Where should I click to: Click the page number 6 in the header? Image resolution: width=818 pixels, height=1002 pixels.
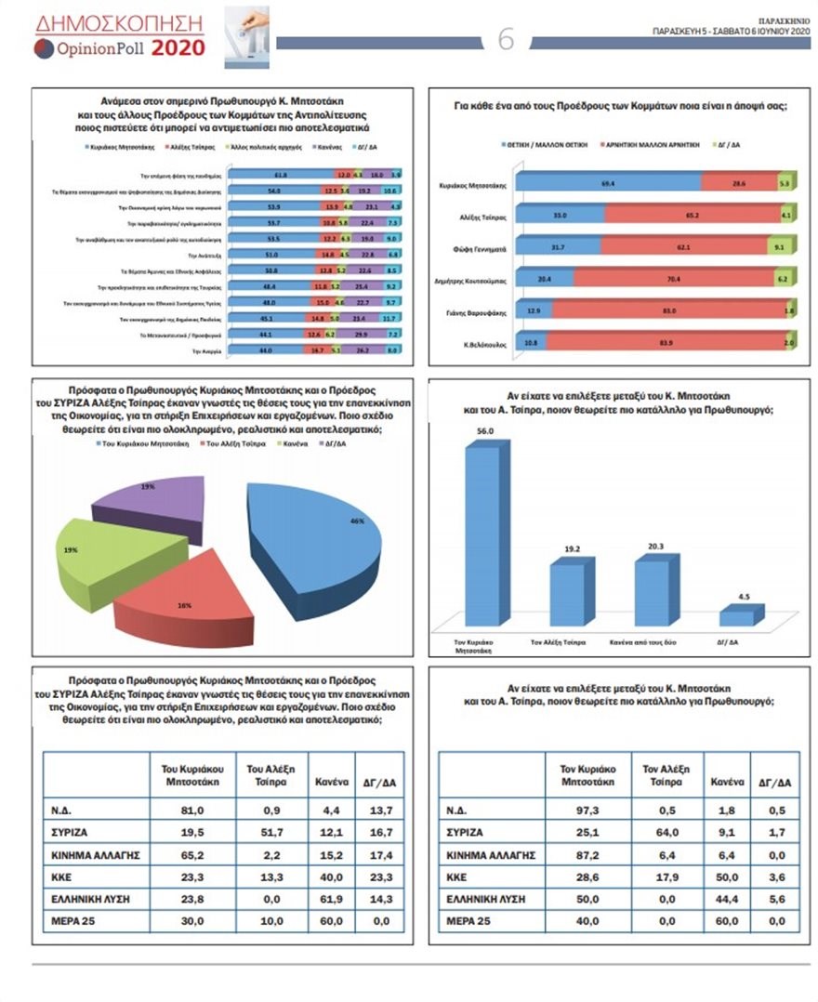pos(507,39)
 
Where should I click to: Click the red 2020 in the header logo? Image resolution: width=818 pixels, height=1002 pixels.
pos(178,47)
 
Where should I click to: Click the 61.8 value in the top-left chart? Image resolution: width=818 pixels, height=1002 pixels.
pos(278,174)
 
